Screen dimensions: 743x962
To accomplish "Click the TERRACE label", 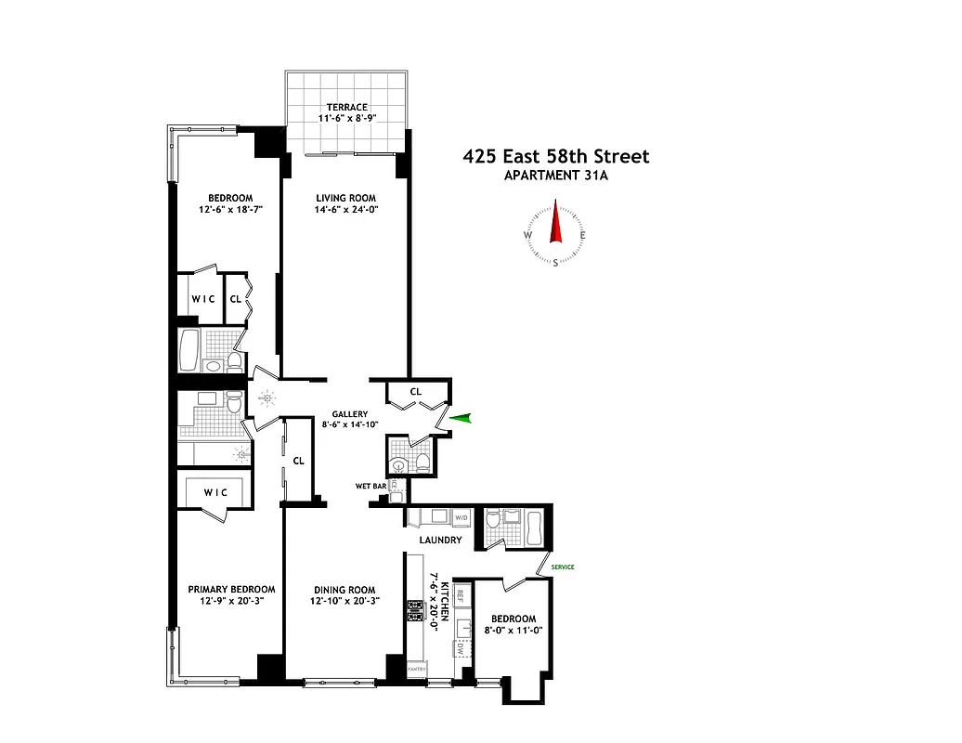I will pyautogui.click(x=346, y=108).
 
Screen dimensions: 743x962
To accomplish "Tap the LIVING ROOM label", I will pyautogui.click(x=345, y=198).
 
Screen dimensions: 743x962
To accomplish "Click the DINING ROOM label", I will pyautogui.click(x=344, y=590).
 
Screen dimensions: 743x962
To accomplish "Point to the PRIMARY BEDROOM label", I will pyautogui.click(x=231, y=590).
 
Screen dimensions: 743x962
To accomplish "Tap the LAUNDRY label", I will pyautogui.click(x=440, y=540).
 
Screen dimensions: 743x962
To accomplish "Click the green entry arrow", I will pyautogui.click(x=461, y=419).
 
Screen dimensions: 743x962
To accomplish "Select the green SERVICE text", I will pyautogui.click(x=563, y=567).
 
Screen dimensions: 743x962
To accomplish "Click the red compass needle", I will pyautogui.click(x=556, y=222).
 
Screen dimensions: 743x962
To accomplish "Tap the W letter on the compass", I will pyautogui.click(x=527, y=235).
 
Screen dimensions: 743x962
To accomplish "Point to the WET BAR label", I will pyautogui.click(x=370, y=486).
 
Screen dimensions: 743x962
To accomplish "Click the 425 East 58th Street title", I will pyautogui.click(x=556, y=157).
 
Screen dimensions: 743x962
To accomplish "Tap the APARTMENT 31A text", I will pyautogui.click(x=556, y=176).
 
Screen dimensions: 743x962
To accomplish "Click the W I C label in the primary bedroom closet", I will pyautogui.click(x=216, y=493).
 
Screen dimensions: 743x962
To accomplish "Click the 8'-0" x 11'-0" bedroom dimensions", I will pyautogui.click(x=513, y=631).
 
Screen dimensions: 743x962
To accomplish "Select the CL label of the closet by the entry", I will pyautogui.click(x=416, y=392).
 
